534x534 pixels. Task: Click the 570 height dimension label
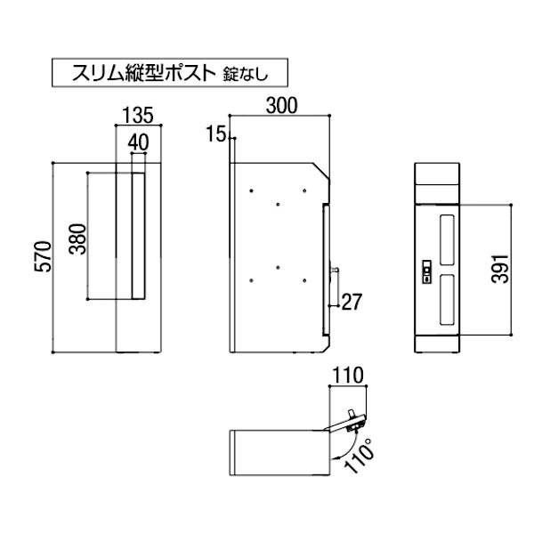[44, 256]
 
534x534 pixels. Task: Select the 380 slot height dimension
[77, 239]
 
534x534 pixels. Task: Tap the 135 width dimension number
[138, 115]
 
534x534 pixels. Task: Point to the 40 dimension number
[138, 142]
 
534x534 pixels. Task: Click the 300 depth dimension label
[281, 106]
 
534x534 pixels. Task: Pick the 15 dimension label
[216, 133]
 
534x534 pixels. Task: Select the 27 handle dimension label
[352, 302]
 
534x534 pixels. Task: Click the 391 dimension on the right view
[499, 269]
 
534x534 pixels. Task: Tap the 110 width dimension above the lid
[348, 376]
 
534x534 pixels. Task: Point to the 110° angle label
[360, 457]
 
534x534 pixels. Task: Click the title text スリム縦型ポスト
[143, 73]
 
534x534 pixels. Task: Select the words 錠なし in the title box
[246, 74]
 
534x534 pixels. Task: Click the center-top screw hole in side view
[279, 205]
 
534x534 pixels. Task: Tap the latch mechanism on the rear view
[426, 271]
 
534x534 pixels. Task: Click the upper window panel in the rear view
[447, 239]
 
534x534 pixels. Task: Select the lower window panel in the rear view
[447, 300]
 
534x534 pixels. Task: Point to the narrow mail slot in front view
[138, 236]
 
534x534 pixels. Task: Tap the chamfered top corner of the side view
[321, 171]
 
